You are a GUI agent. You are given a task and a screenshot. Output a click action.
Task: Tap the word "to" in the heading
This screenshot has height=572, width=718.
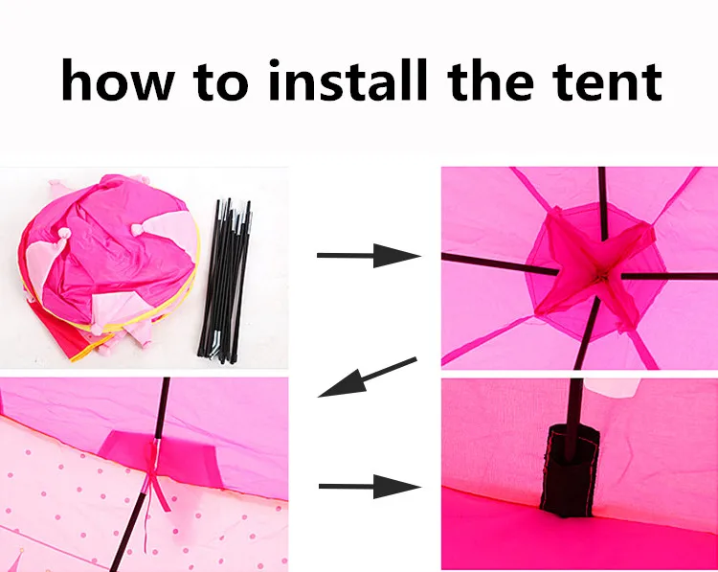pyautogui.click(x=221, y=81)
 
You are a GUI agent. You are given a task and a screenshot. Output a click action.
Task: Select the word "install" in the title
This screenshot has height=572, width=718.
pyautogui.click(x=348, y=80)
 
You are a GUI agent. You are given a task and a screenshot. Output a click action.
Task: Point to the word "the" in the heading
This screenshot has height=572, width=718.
pyautogui.click(x=490, y=80)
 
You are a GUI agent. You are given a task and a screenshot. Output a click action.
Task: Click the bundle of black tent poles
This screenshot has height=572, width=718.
pyautogui.click(x=224, y=281)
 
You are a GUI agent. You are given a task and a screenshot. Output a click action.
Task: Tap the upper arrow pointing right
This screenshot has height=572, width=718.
pyautogui.click(x=369, y=255)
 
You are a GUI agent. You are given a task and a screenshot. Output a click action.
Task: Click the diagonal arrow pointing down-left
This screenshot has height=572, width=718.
pyautogui.click(x=368, y=377)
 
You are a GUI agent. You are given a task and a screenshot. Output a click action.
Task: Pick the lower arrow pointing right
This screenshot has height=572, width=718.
pyautogui.click(x=370, y=487)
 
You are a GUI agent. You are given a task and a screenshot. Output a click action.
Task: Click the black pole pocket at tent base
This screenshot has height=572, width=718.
pyautogui.click(x=570, y=469)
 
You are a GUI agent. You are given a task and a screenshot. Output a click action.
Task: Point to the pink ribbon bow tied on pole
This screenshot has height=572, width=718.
pyautogui.click(x=155, y=481)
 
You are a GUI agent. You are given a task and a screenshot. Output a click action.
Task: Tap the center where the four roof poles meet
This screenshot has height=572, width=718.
pyautogui.click(x=601, y=276)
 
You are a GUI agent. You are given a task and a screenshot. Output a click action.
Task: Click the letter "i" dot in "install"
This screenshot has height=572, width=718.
pyautogui.click(x=277, y=64)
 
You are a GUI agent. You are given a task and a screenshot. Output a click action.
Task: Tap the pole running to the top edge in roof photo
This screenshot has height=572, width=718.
pyautogui.click(x=602, y=203)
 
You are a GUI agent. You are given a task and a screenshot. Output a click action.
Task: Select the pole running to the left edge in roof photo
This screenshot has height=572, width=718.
pyautogui.click(x=500, y=264)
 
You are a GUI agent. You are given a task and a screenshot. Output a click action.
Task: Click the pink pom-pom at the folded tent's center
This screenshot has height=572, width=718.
pyautogui.click(x=138, y=227)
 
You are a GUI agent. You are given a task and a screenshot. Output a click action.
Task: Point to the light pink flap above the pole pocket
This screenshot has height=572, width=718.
pyautogui.click(x=612, y=387)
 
